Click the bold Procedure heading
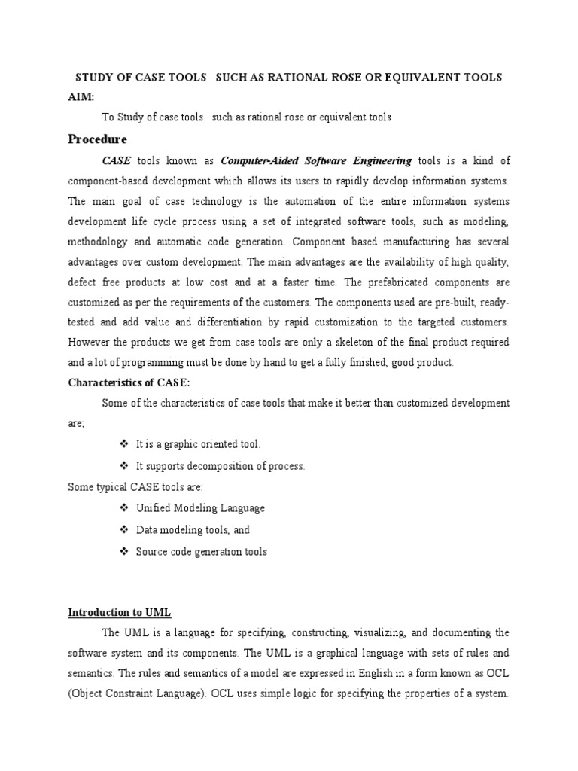[98, 139]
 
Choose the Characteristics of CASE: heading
[129, 383]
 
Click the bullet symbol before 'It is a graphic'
[125, 445]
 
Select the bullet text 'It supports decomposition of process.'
[221, 466]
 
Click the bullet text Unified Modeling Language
[200, 508]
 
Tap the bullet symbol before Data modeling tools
[125, 530]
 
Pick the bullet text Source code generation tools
[201, 552]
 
